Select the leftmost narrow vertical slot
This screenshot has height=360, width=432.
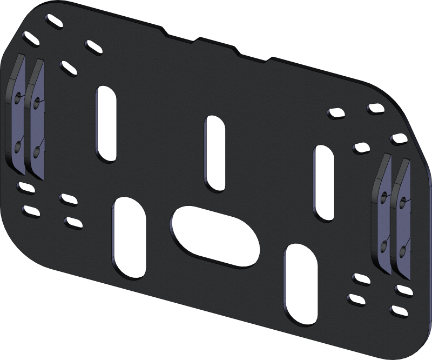[x=106, y=124]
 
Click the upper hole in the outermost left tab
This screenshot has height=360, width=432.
[x=19, y=99]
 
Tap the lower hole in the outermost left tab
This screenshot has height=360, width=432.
[x=18, y=146]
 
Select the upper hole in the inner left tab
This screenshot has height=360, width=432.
[x=37, y=101]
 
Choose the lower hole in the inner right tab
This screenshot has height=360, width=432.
[x=384, y=246]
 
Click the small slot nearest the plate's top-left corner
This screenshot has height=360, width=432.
[x=54, y=24]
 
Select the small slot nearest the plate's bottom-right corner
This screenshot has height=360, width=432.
[x=397, y=311]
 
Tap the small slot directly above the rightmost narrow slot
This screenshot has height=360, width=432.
[x=336, y=114]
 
